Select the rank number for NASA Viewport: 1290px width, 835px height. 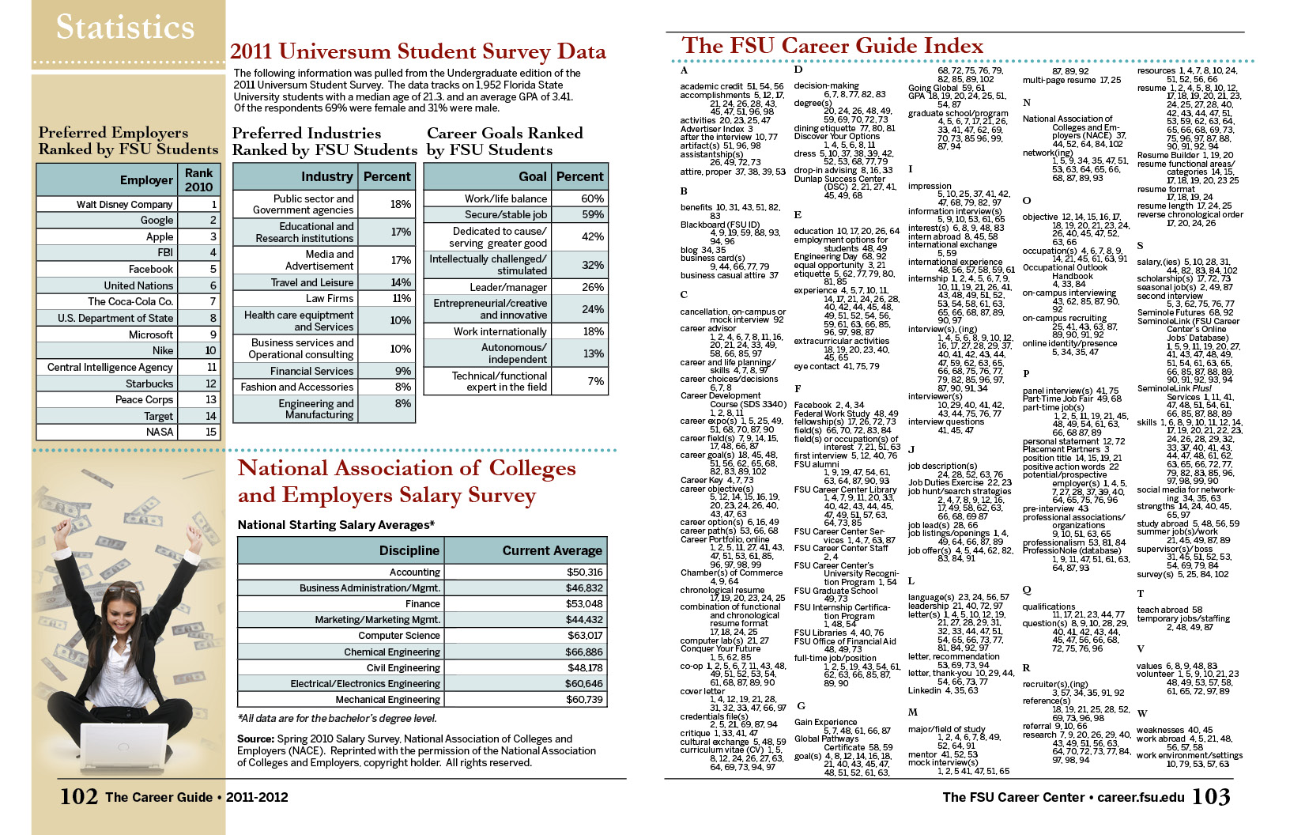tap(211, 432)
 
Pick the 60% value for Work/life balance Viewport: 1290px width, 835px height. tap(592, 198)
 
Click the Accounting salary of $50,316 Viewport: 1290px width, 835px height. tap(584, 572)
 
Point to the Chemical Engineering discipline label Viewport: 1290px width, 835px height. tap(392, 652)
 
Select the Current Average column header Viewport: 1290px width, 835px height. tap(552, 550)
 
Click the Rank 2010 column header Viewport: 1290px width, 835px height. tap(199, 179)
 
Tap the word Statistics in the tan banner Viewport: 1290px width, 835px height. tap(125, 27)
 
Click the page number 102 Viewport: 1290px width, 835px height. tap(78, 796)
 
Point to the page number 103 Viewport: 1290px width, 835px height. tap(1211, 796)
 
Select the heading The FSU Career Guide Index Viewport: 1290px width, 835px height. tap(832, 46)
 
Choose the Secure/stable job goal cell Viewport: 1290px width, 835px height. tap(506, 214)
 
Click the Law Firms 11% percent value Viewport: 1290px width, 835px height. tap(402, 298)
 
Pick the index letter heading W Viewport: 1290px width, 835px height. tap(1142, 713)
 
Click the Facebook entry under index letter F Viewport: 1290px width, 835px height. tap(813, 405)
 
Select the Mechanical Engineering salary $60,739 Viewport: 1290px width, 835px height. tap(584, 699)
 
